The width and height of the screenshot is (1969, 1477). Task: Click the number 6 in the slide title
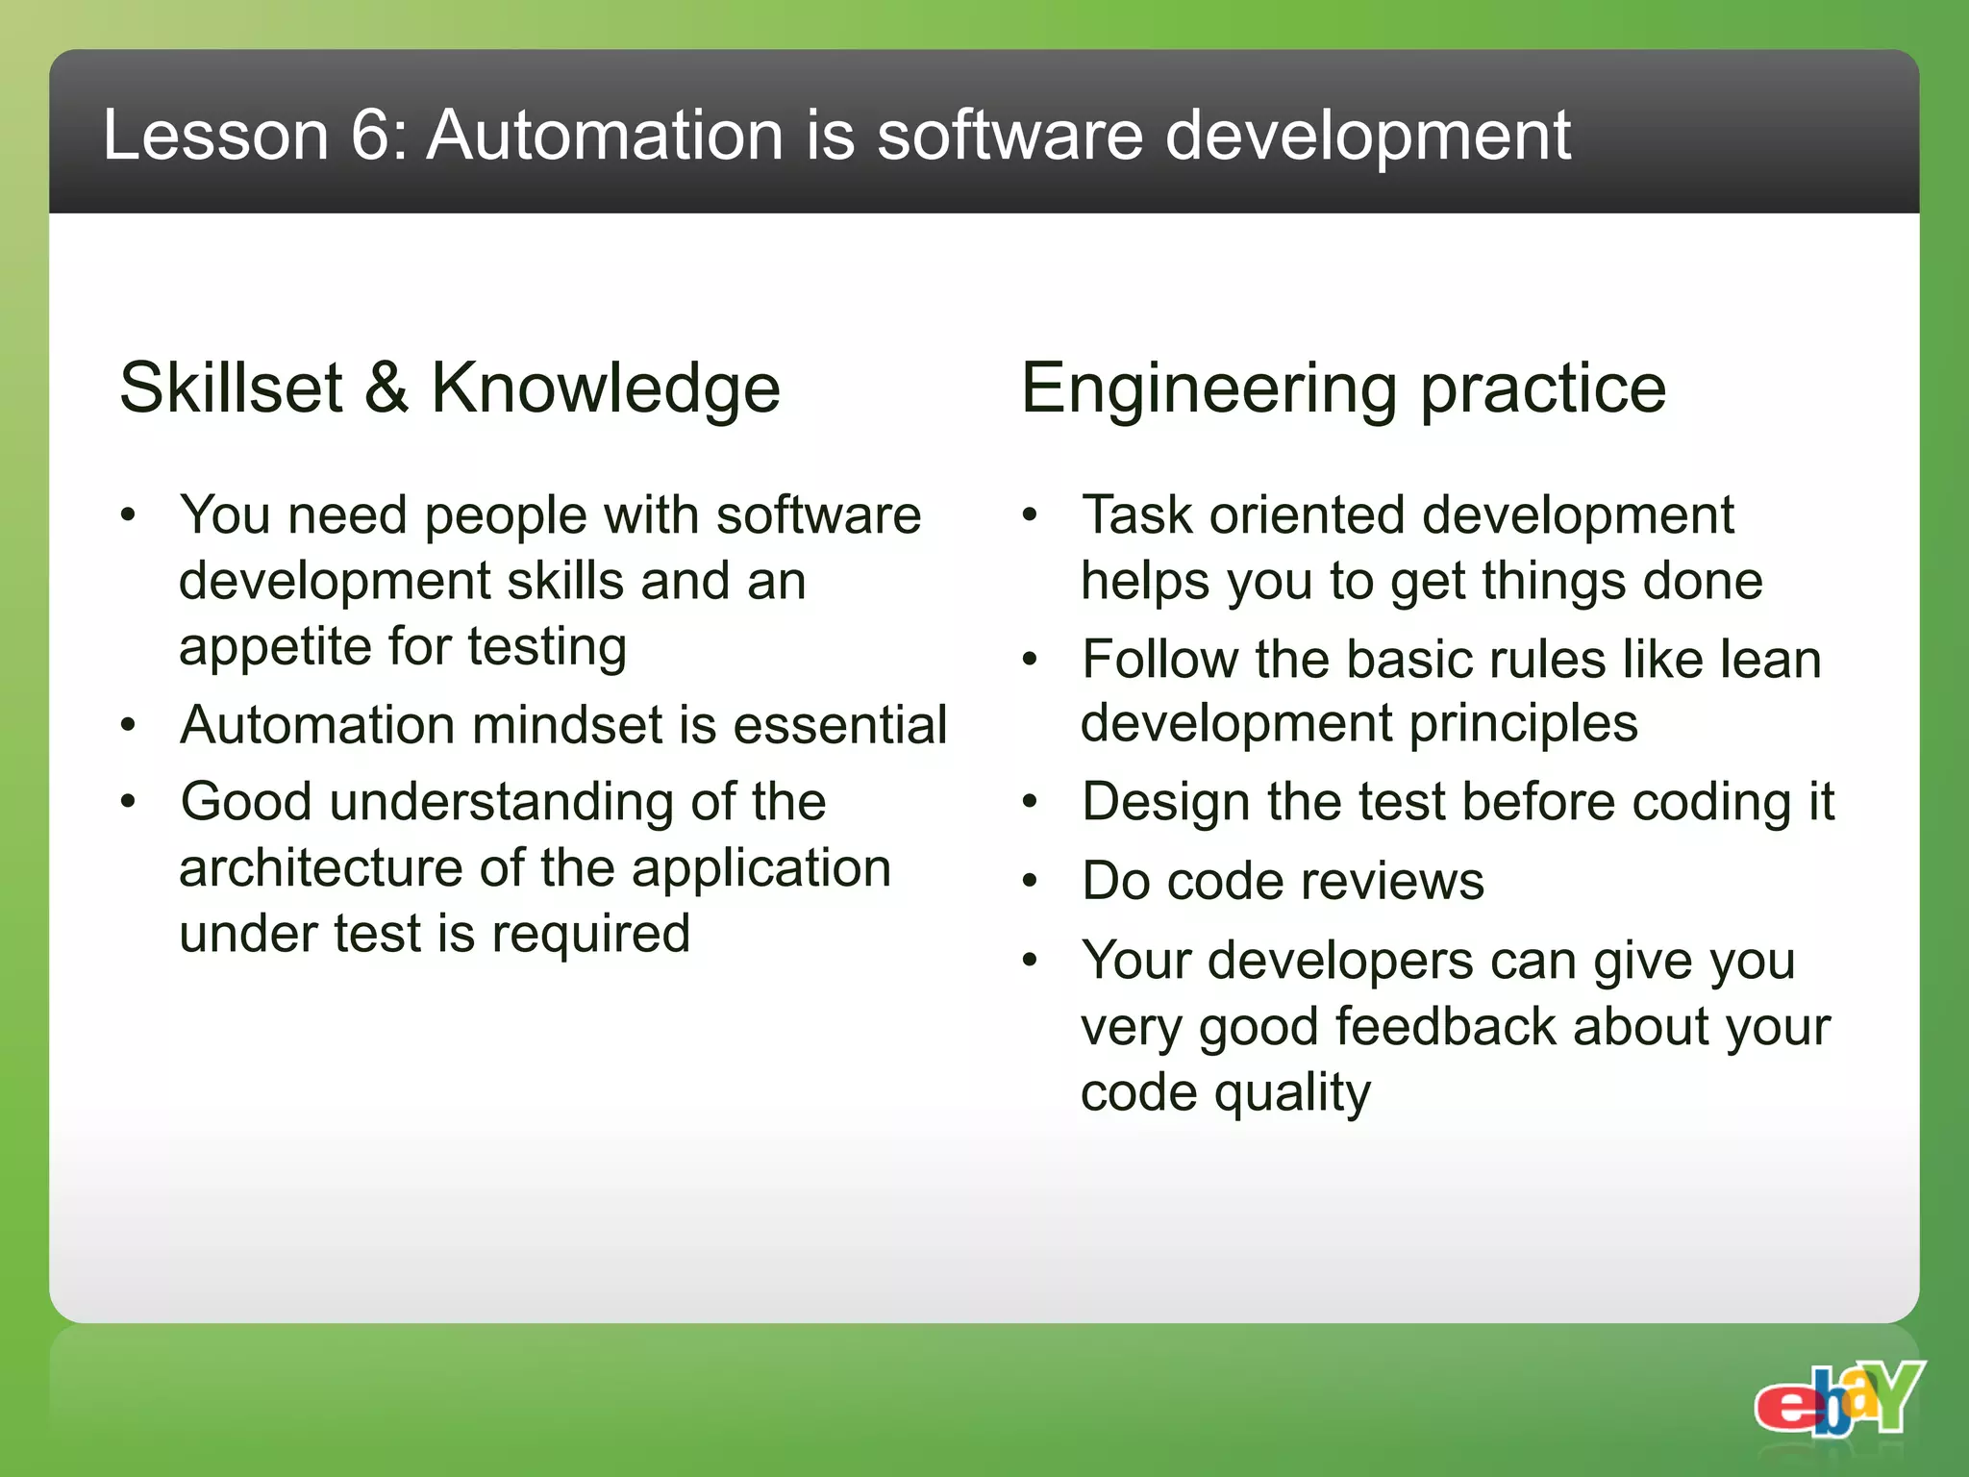click(x=369, y=135)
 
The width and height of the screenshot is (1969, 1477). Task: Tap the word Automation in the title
click(x=606, y=135)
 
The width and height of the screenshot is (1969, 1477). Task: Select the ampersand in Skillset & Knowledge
click(x=386, y=388)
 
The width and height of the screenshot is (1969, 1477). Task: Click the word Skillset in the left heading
click(x=231, y=388)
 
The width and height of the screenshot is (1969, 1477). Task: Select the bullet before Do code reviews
click(x=1030, y=881)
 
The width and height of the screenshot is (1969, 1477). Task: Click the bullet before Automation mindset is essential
click(x=128, y=725)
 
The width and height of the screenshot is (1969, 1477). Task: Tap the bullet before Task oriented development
click(x=1030, y=515)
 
